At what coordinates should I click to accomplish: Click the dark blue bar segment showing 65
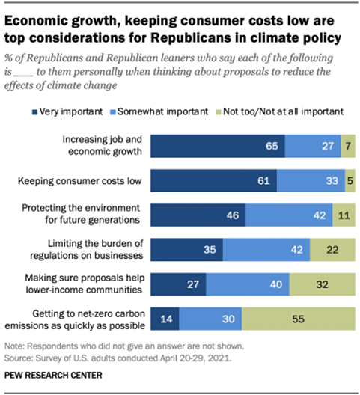[x=218, y=147]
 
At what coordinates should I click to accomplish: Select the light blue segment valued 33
[x=311, y=181]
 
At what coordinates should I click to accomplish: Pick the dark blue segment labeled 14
[x=165, y=318]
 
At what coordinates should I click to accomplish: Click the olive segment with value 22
[x=332, y=249]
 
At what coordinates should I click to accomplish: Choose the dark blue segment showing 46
[x=198, y=215]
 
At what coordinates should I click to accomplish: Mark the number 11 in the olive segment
[x=344, y=215]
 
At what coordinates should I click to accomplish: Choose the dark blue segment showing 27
[x=179, y=284]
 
